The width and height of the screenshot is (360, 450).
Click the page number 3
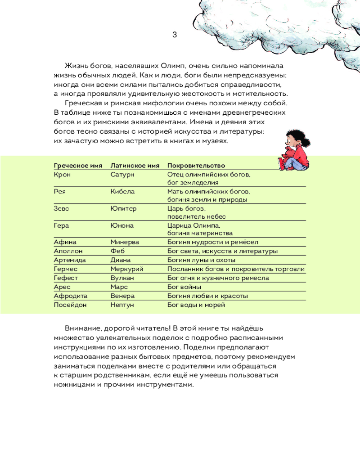click(x=175, y=35)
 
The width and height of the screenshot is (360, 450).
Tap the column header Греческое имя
click(x=78, y=166)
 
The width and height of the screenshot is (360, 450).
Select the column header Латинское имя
click(x=135, y=166)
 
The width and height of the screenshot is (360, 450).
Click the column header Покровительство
click(x=196, y=166)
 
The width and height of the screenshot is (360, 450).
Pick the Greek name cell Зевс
click(x=61, y=209)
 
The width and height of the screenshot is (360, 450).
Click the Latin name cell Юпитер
click(x=123, y=209)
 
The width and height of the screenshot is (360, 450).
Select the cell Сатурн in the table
click(x=123, y=174)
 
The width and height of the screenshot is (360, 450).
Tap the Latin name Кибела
click(x=123, y=191)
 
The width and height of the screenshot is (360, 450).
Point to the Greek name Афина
click(x=65, y=242)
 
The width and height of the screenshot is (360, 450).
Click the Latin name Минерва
click(x=125, y=242)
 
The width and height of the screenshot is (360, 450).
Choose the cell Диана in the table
click(x=121, y=260)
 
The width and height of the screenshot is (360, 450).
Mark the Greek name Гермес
click(x=66, y=269)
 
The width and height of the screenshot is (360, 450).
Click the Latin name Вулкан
click(x=122, y=278)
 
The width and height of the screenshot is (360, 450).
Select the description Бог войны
click(x=184, y=287)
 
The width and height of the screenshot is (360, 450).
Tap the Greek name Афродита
click(x=70, y=296)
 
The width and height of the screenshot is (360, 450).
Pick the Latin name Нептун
click(x=122, y=305)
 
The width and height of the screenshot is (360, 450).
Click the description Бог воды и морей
click(x=196, y=305)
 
